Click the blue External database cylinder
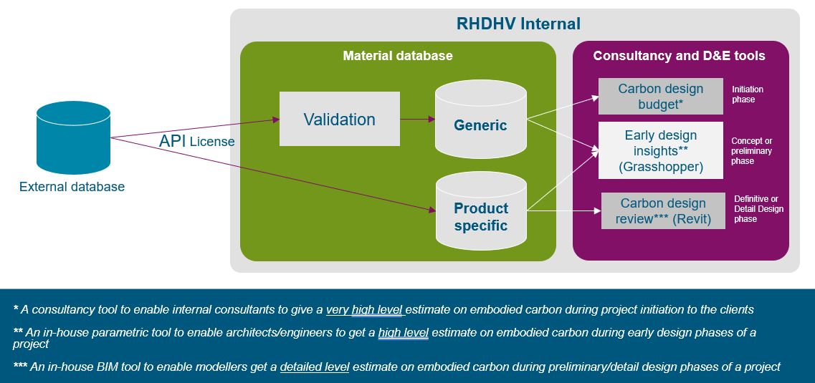(x=73, y=137)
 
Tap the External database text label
(x=72, y=187)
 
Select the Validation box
(x=340, y=119)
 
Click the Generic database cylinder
(x=481, y=119)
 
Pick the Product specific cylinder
(x=481, y=210)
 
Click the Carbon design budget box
(x=661, y=96)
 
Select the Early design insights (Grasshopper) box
(x=661, y=150)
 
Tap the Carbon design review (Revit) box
(x=663, y=210)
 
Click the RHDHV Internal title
(x=518, y=24)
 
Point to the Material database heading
(x=398, y=56)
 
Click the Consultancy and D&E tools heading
(x=680, y=56)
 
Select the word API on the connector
(x=173, y=140)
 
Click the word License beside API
(x=212, y=142)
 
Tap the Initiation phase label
(x=748, y=94)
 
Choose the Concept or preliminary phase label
(x=752, y=151)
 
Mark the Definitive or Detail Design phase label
(x=758, y=209)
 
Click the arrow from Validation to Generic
(x=417, y=120)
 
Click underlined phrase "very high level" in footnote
(x=364, y=310)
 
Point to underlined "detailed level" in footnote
(x=315, y=367)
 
